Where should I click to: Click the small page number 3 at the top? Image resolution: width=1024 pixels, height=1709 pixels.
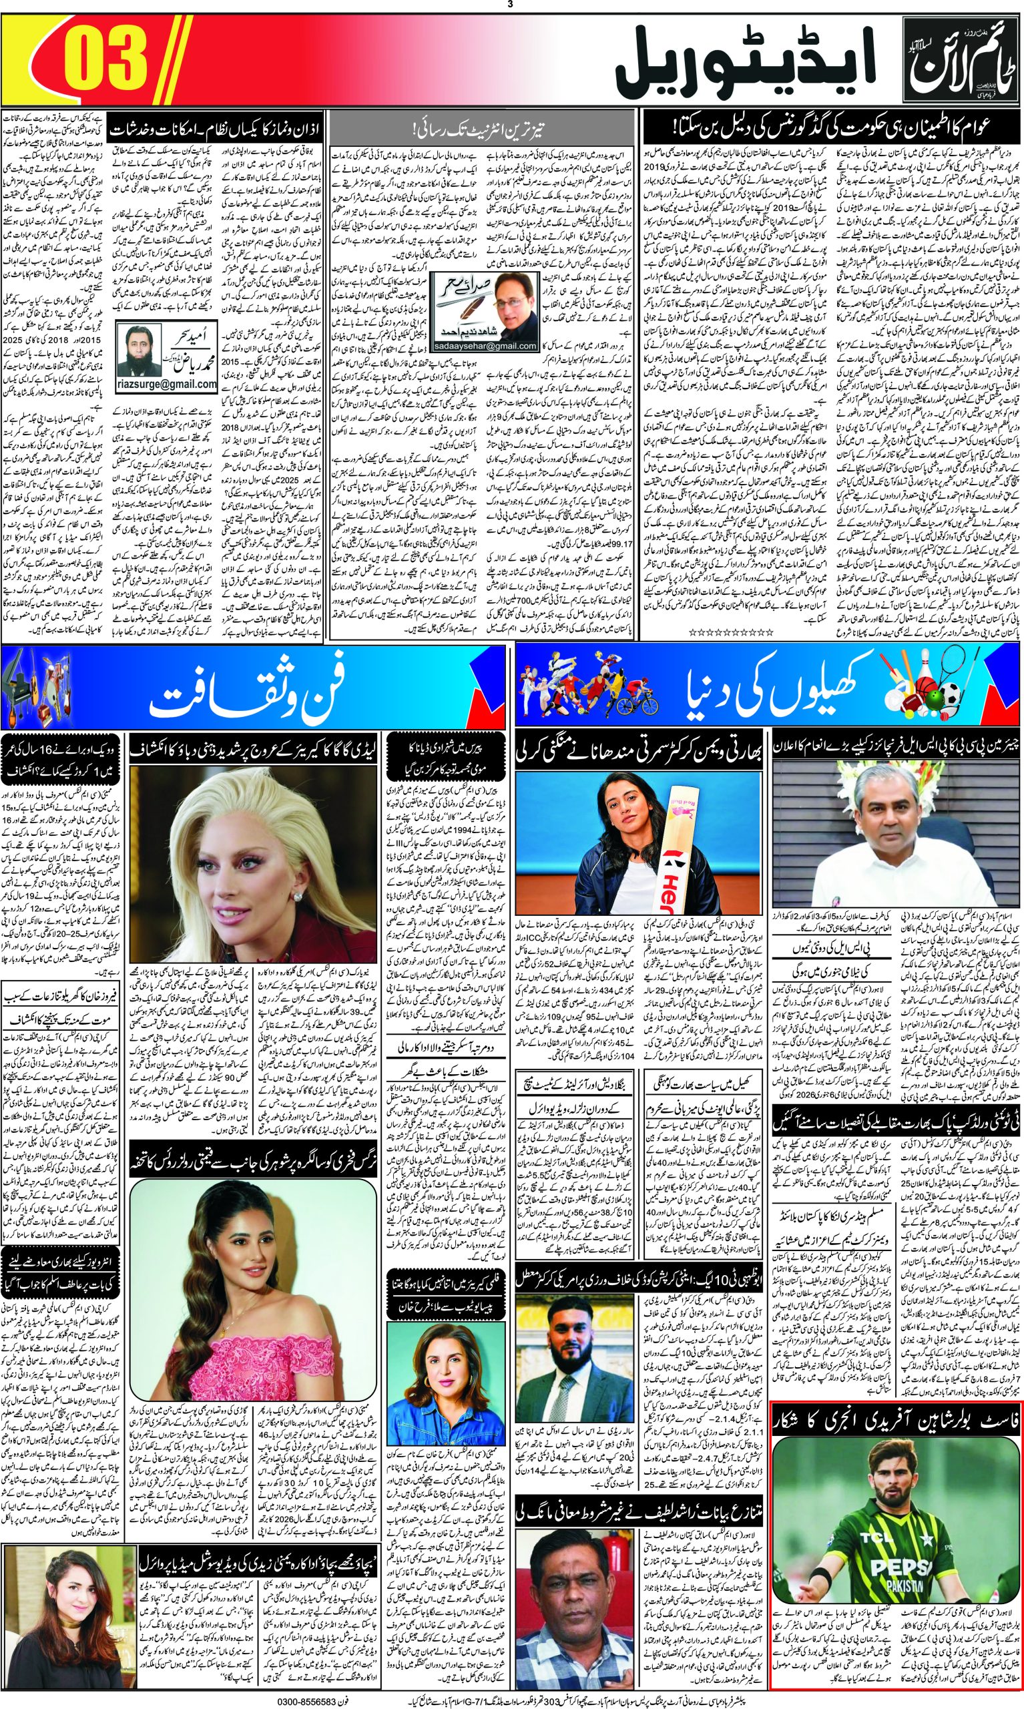511,6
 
